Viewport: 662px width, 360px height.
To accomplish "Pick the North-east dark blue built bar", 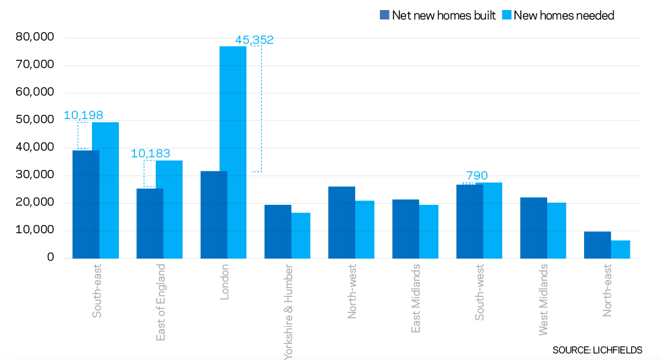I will [x=597, y=245].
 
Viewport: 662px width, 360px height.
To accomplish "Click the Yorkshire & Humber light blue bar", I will [x=301, y=235].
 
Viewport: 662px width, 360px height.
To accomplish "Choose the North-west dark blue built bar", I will [x=341, y=222].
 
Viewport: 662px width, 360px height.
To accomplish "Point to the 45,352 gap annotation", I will [x=254, y=40].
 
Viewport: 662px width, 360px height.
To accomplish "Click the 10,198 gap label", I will [x=83, y=116].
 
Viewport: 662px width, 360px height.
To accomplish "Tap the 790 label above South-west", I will [x=477, y=176].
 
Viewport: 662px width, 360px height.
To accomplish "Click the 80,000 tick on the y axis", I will [x=34, y=38].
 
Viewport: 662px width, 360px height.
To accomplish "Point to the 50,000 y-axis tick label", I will [x=34, y=120].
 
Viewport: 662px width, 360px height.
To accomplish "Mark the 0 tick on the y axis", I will [x=50, y=258].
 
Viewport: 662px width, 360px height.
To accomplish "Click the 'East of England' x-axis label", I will [x=160, y=302].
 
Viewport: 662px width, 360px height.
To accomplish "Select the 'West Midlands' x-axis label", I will [x=544, y=299].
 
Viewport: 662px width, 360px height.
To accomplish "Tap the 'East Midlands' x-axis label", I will [x=416, y=298].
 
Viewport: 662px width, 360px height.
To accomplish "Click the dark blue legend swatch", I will [x=385, y=15].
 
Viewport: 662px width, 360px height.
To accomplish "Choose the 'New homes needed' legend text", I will [x=564, y=15].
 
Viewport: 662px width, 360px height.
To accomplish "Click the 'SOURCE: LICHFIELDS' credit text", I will [x=598, y=350].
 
